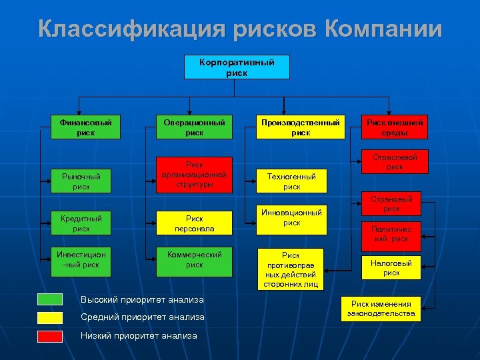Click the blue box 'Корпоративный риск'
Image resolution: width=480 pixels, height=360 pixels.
click(x=237, y=67)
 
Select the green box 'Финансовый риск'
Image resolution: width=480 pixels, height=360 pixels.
click(x=86, y=127)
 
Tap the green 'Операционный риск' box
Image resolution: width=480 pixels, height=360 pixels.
click(x=194, y=127)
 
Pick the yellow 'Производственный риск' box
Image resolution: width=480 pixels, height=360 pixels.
click(x=300, y=127)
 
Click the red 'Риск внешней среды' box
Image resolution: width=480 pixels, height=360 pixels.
click(x=395, y=127)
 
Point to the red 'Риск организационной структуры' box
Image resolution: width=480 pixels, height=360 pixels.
click(x=194, y=175)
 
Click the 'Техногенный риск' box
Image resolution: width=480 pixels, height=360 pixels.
click(x=291, y=181)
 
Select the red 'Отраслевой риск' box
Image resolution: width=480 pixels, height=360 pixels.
click(x=395, y=162)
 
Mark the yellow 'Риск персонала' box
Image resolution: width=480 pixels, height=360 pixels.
click(x=194, y=223)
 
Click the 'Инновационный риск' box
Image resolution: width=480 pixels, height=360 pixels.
click(x=291, y=219)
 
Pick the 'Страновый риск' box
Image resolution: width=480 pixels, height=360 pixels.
click(x=391, y=203)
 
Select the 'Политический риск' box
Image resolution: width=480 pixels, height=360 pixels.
click(x=391, y=233)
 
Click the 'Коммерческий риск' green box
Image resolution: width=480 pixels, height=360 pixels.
click(x=194, y=259)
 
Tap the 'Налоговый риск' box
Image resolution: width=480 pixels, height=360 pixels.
click(x=391, y=268)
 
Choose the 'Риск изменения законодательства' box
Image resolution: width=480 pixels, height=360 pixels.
click(x=381, y=309)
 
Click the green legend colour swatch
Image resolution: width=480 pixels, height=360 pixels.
click(x=50, y=299)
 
